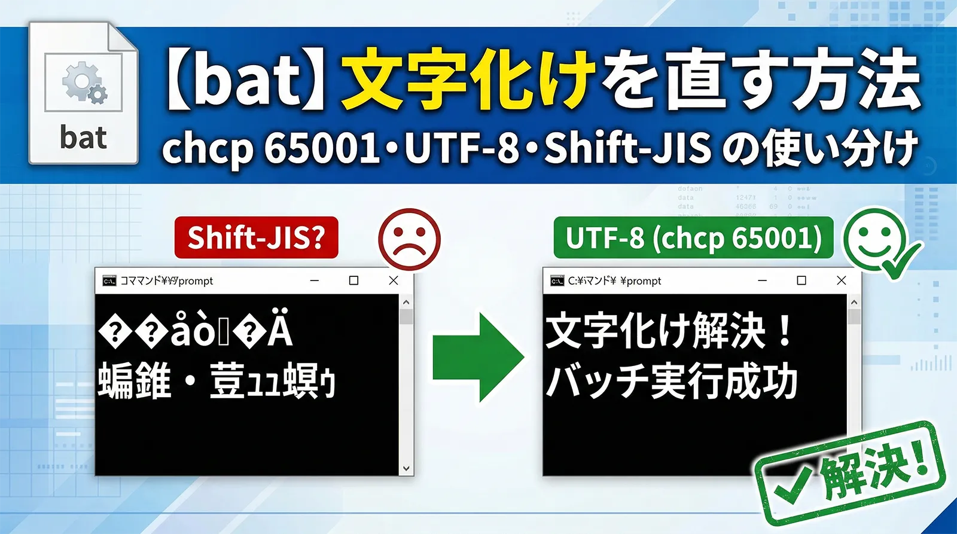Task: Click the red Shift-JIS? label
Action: click(x=256, y=238)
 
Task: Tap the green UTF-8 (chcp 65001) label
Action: click(x=693, y=238)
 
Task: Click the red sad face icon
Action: click(x=410, y=238)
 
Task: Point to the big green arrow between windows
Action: click(x=478, y=358)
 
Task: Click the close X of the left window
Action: click(x=393, y=280)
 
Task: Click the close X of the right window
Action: click(x=841, y=280)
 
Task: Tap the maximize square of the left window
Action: click(x=353, y=280)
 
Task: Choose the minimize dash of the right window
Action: click(x=763, y=280)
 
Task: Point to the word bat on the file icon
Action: click(x=83, y=138)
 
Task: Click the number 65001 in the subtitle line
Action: click(x=321, y=148)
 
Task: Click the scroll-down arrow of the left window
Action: click(x=406, y=468)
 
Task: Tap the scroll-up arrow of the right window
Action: click(x=854, y=303)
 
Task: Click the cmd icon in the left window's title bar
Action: click(x=109, y=281)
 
